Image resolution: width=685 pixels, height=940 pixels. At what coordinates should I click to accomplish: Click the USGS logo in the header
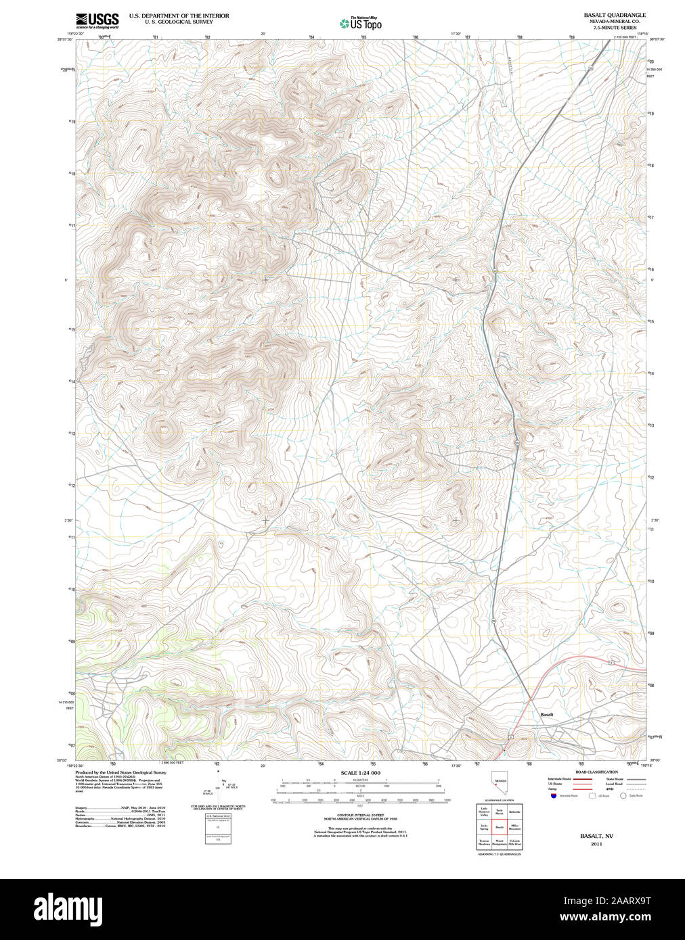click(x=97, y=20)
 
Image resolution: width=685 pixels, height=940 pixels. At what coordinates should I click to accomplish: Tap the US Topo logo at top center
click(x=361, y=24)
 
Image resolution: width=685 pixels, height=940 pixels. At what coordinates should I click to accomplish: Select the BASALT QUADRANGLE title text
click(x=615, y=15)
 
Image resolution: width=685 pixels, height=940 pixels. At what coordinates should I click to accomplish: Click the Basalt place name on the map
click(x=546, y=714)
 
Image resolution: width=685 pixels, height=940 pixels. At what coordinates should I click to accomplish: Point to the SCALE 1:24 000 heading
click(x=360, y=773)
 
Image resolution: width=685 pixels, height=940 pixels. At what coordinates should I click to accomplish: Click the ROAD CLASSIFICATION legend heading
click(x=596, y=772)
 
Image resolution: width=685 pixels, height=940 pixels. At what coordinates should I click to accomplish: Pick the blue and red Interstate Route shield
click(x=554, y=796)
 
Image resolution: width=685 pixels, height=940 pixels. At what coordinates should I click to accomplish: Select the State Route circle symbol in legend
click(x=623, y=796)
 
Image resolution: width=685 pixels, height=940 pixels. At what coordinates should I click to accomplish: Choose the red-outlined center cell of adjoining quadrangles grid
click(x=500, y=826)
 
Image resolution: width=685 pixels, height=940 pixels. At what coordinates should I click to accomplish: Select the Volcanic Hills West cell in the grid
click(x=515, y=843)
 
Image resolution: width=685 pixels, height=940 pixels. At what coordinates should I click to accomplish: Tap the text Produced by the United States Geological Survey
click(x=120, y=772)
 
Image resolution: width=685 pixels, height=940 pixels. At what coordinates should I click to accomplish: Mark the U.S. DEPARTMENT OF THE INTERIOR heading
click(x=179, y=16)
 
